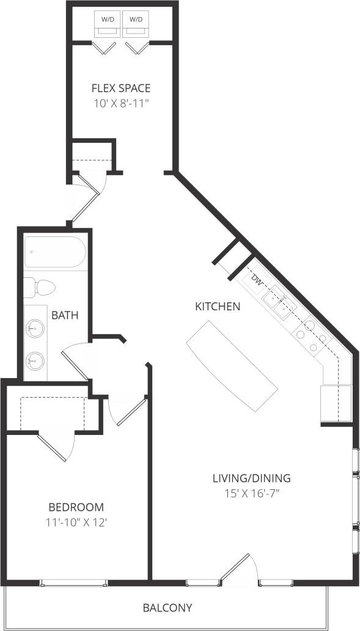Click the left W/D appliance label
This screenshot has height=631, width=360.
107,20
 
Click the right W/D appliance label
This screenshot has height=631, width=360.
136,20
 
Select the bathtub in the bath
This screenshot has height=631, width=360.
53,253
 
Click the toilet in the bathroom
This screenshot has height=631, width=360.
40,286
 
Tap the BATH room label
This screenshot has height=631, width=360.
64,315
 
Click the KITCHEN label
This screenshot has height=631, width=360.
217,306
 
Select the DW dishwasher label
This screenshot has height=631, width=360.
257,282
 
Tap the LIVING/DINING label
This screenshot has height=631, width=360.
251,478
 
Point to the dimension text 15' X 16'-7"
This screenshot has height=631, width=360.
251,492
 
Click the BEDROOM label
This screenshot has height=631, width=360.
76,507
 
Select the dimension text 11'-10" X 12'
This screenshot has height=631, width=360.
76,522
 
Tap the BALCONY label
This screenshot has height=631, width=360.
167,608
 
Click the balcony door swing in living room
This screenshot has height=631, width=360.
237,568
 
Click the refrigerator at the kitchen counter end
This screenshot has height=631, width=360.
336,403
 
